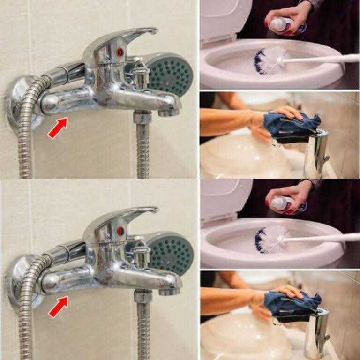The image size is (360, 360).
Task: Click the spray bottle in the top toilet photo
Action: tap(281, 23)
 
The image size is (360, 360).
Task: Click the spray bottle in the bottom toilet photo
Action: tap(284, 203)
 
